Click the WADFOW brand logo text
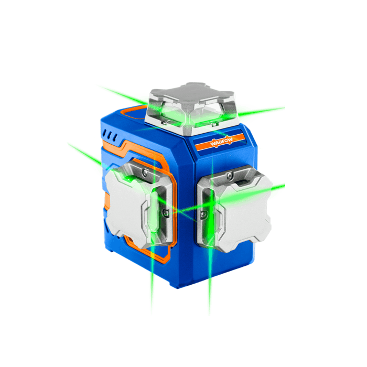(221, 142)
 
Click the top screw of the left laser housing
(145, 173)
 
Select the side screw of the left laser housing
(166, 212)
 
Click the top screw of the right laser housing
(230, 175)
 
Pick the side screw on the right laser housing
(204, 214)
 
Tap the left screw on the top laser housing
(166, 122)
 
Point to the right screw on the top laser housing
(212, 123)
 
